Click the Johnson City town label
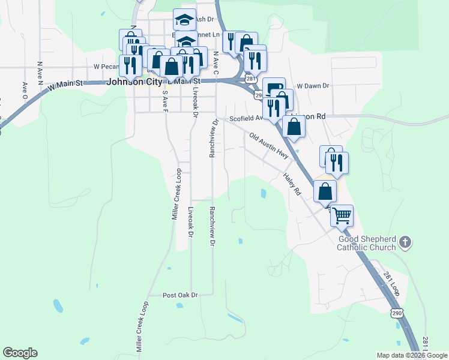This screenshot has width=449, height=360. [134, 83]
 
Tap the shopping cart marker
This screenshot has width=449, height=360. [342, 215]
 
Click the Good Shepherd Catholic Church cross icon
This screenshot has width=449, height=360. [405, 242]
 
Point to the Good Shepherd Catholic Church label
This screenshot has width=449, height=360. [366, 243]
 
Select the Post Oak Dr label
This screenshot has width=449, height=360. [180, 295]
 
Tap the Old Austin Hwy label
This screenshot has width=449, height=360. [269, 146]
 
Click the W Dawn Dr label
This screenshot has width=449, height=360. [313, 86]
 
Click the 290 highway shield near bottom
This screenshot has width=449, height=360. [396, 313]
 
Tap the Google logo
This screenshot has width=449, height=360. [20, 353]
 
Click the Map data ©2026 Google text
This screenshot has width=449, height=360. [412, 355]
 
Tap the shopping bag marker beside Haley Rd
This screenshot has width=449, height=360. [325, 191]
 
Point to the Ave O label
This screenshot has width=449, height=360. [25, 90]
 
